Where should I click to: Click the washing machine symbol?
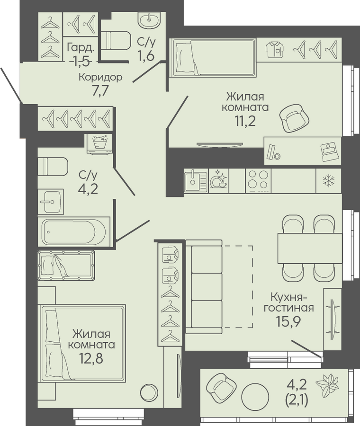coord(100,144)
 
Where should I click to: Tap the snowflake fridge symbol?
coord(328,181)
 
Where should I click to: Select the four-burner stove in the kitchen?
coord(258,181)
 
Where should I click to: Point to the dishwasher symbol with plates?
coord(218,181)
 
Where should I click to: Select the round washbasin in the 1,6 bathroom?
coord(150,20)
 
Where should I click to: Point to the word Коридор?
coord(100,78)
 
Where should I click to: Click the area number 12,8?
coord(91,358)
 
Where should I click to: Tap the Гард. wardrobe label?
coord(81,48)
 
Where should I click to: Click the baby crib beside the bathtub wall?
coord(66,266)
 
